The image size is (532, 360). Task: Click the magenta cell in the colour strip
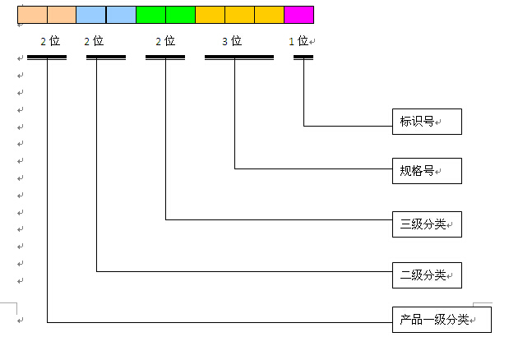coord(298,14)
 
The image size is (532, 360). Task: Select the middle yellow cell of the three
coord(239,14)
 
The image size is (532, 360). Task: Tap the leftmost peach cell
coord(32,14)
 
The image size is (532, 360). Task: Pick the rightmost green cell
coord(180,14)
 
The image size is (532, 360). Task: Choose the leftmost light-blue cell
coord(90,14)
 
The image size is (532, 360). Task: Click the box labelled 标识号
coord(426,122)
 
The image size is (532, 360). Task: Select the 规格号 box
coord(426,171)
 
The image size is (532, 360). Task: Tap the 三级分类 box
coord(426,224)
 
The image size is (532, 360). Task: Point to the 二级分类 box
coord(426,275)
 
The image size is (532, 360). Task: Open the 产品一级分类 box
coord(441,320)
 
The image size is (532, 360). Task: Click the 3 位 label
coord(232,40)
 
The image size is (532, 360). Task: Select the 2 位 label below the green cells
coord(165,40)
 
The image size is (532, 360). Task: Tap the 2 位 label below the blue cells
coord(94,40)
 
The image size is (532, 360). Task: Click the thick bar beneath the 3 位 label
coord(238,58)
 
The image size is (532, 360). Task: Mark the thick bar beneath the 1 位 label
coord(303,58)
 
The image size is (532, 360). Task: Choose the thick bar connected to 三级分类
coord(165,58)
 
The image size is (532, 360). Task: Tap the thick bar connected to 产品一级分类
coord(47,58)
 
